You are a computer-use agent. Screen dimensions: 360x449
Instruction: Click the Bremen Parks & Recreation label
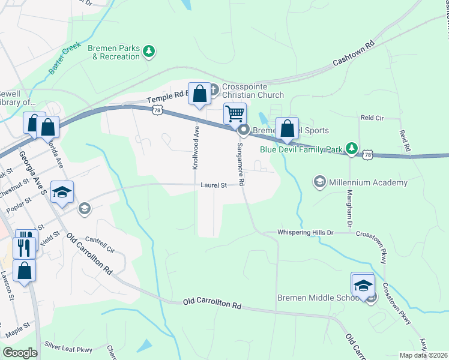click(113, 52)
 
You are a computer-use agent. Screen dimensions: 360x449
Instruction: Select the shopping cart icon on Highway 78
click(235, 113)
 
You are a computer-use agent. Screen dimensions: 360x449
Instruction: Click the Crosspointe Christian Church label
click(253, 91)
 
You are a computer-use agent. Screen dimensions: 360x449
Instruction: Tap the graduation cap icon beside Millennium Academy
click(320, 181)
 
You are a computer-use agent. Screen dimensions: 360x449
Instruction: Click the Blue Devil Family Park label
click(300, 149)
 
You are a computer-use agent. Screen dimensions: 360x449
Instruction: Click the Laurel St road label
click(214, 185)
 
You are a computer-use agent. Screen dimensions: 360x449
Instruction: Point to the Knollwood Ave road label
click(196, 148)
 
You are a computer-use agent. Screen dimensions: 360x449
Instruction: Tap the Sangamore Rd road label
click(240, 164)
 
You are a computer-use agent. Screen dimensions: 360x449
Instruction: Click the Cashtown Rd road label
click(354, 54)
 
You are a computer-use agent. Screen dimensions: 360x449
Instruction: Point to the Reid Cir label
click(372, 118)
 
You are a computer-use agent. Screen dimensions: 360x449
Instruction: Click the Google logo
click(20, 353)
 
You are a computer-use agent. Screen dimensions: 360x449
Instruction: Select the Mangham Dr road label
click(348, 208)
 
